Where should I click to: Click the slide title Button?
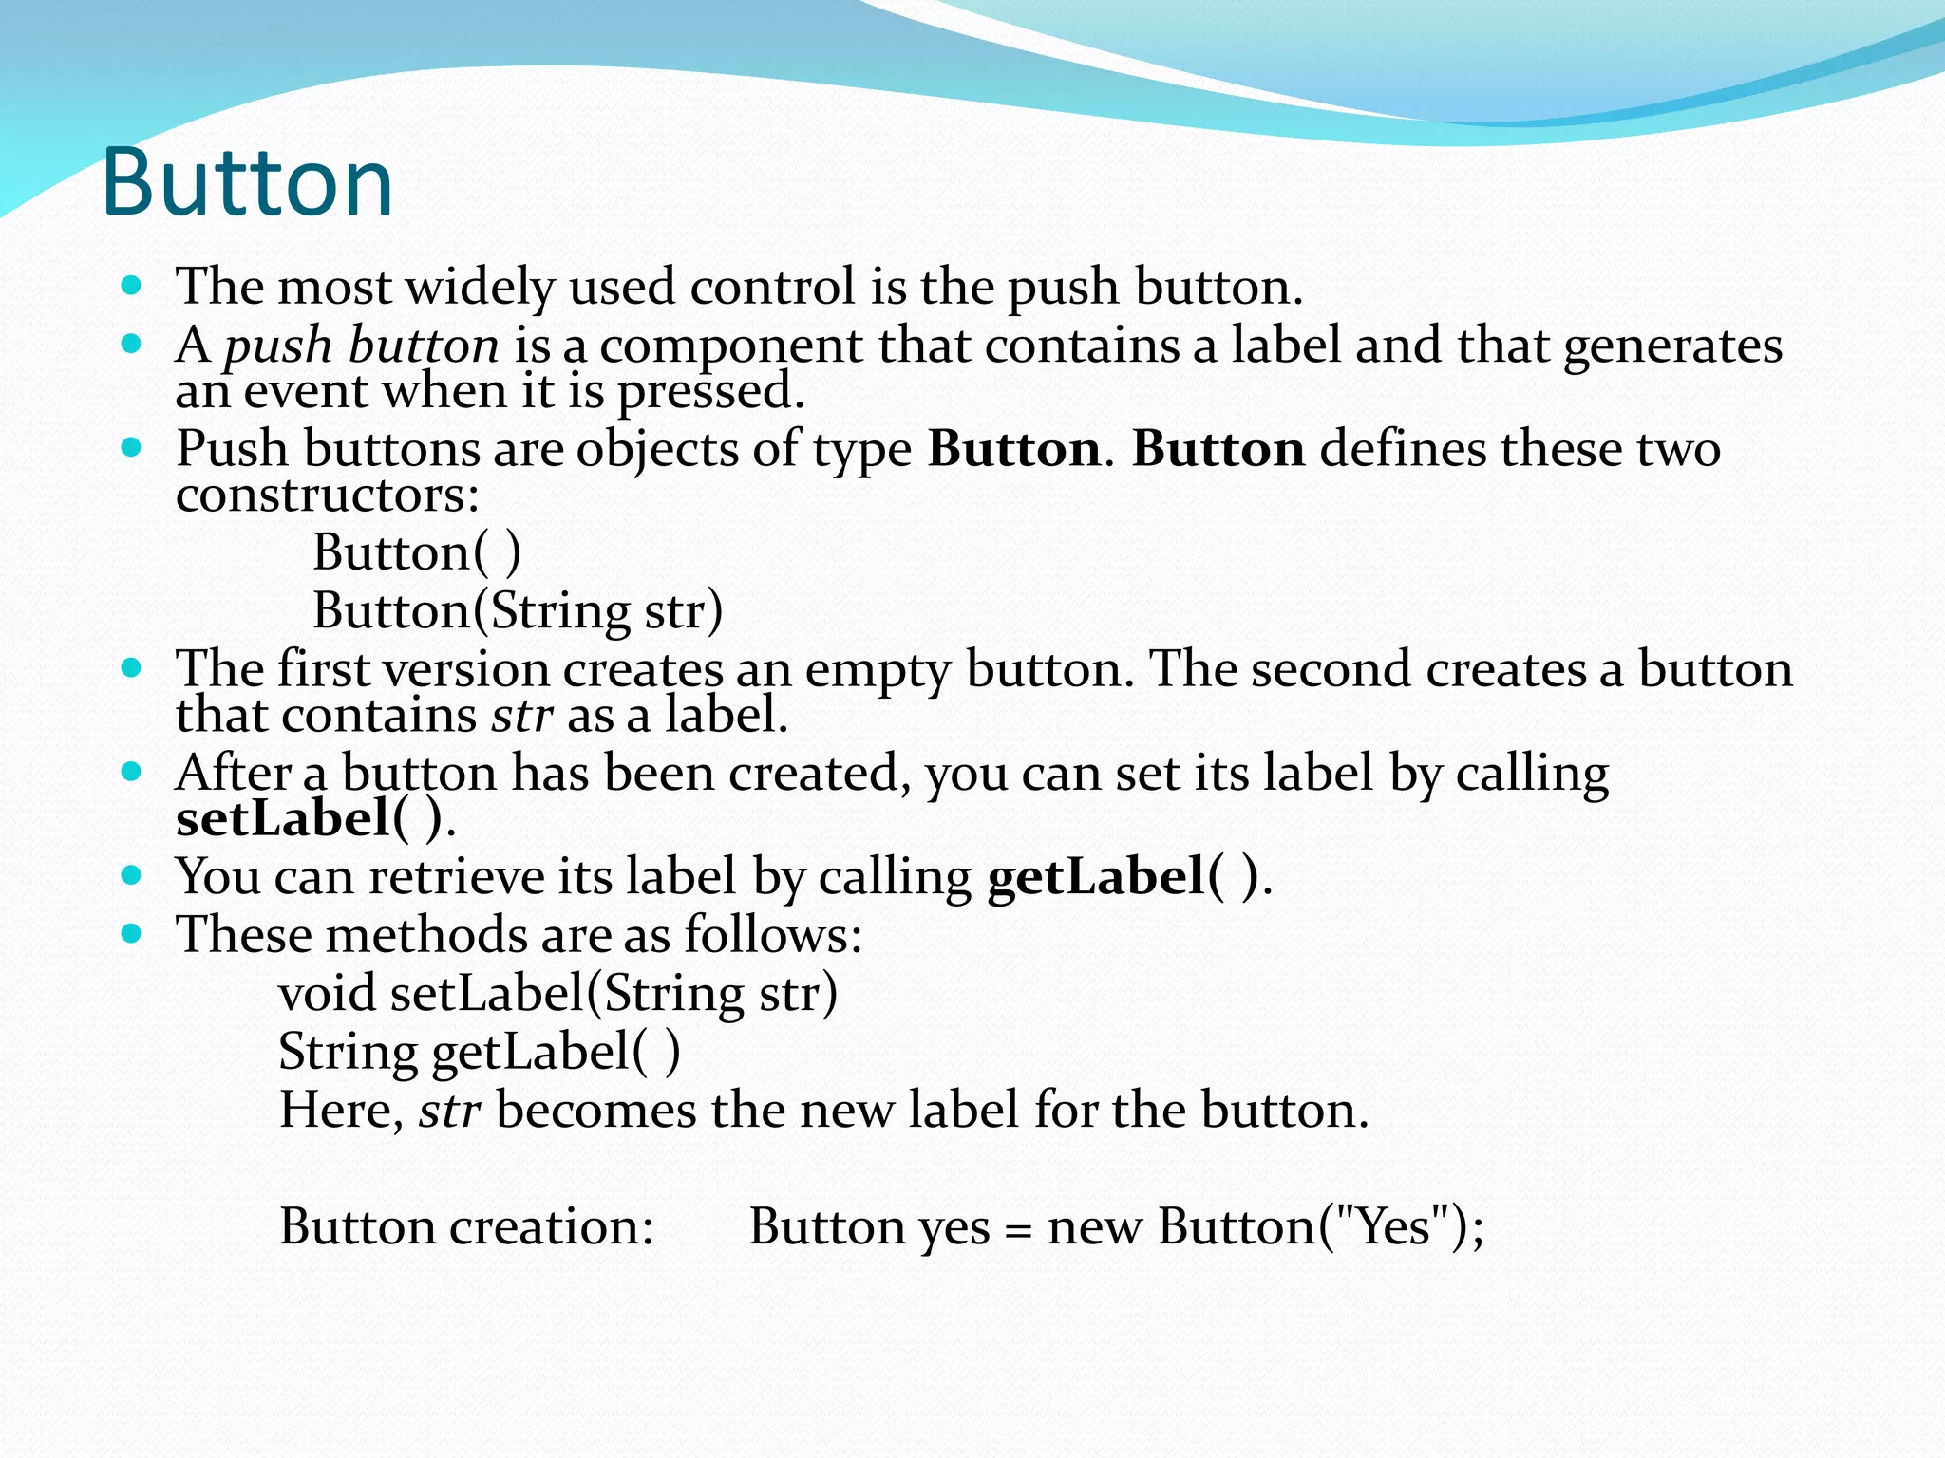[247, 182]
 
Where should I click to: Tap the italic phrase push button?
[361, 346]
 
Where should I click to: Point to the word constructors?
[327, 495]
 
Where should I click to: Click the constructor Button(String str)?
[518, 611]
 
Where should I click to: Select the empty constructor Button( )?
[417, 553]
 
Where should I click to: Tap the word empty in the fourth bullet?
[877, 671]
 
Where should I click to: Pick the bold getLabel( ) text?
[1124, 877]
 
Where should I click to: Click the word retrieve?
[456, 877]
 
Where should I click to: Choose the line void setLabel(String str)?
[557, 995]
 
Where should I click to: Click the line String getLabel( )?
[479, 1053]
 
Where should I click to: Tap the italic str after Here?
[449, 1111]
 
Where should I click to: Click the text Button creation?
[466, 1227]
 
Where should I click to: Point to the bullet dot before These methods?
[132, 934]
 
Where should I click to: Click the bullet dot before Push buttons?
[132, 446]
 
